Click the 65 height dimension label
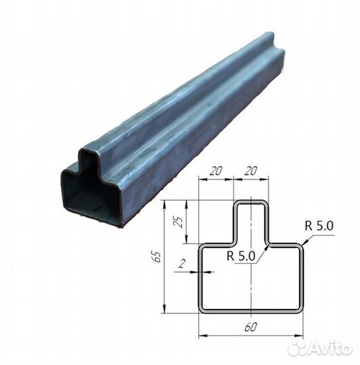(x=158, y=257)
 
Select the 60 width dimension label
(x=251, y=327)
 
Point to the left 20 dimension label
(x=216, y=171)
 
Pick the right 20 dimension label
(x=250, y=171)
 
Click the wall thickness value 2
(x=182, y=264)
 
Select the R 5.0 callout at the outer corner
(x=319, y=226)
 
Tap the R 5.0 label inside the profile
(x=241, y=256)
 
